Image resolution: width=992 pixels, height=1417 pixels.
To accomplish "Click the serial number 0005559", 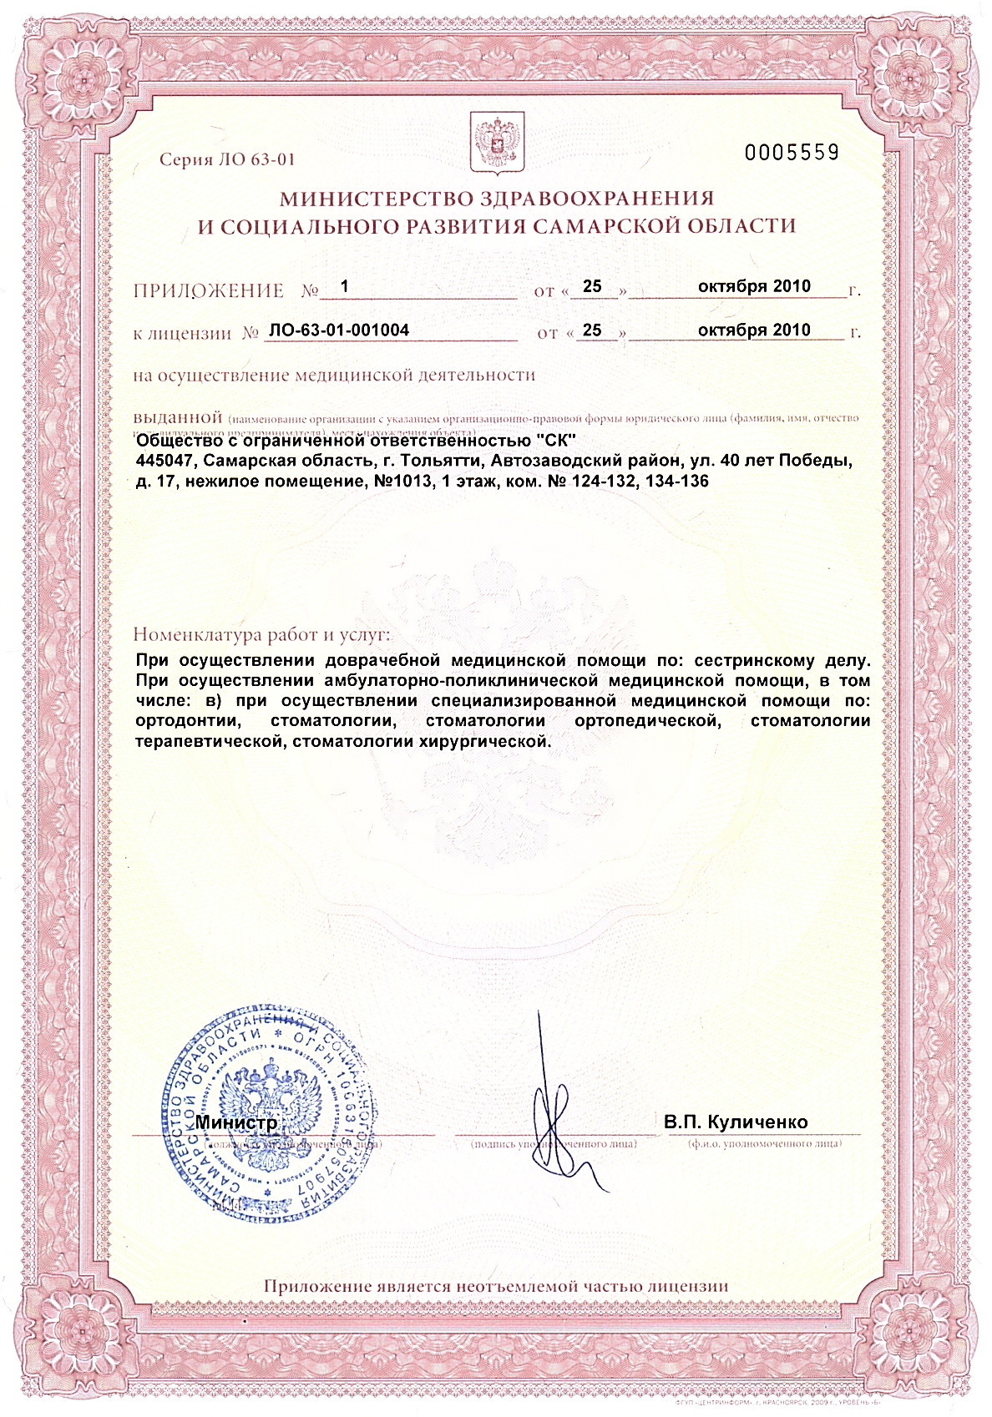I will [791, 152].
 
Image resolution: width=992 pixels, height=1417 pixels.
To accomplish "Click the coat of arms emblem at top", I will [498, 144].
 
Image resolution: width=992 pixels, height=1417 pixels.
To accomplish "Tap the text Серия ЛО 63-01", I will [227, 159].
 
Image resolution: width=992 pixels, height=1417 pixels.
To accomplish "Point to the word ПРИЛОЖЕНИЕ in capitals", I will [209, 291].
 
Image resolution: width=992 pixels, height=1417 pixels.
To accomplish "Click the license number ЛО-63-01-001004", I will [339, 330].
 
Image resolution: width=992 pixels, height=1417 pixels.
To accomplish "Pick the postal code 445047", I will [166, 461].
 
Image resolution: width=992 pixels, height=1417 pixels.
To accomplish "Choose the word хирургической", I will [488, 741].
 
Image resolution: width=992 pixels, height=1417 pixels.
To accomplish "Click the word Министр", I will [236, 1123].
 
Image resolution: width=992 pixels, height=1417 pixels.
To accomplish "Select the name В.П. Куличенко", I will [736, 1122].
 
